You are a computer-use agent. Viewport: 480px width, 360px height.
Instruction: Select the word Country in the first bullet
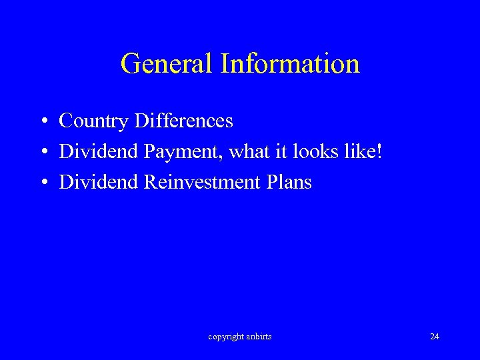[x=94, y=121]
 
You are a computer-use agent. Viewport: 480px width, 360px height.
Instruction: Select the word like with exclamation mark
[x=363, y=151]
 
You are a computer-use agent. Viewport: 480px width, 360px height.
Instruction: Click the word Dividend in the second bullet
[x=98, y=151]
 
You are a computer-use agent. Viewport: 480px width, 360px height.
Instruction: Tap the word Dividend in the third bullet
[x=98, y=182]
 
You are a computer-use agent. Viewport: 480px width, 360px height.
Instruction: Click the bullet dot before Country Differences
[x=42, y=122]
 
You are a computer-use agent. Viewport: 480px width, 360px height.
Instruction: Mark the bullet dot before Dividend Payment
[x=42, y=153]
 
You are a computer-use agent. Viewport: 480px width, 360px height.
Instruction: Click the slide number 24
[x=435, y=337]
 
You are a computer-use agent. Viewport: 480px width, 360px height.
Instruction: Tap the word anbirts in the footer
[x=259, y=337]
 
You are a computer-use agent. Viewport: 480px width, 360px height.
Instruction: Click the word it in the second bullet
[x=281, y=151]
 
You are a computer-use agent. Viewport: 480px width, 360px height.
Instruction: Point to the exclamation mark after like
[x=379, y=151]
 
